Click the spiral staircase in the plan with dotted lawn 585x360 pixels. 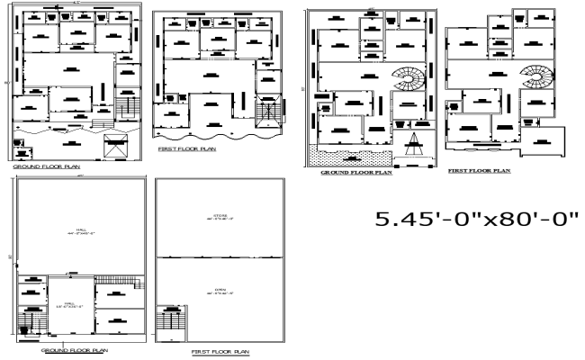tap(410, 83)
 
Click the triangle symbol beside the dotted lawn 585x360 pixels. tap(415, 140)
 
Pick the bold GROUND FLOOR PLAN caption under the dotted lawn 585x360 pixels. tap(356, 173)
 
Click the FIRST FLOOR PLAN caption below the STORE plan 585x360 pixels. tap(220, 352)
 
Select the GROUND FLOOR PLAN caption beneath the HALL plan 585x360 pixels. tap(75, 348)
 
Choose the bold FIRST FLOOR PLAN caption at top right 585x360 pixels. tap(479, 169)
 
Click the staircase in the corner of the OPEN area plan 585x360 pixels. tap(168, 320)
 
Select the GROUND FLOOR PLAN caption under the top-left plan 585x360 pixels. tap(44, 167)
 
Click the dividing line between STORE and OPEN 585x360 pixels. tap(219, 258)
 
